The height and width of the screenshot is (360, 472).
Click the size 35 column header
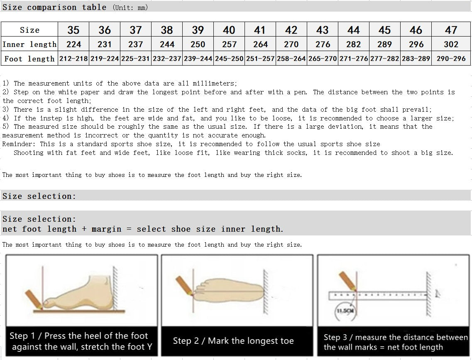pos(73,30)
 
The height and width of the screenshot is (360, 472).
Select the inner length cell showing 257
pos(229,44)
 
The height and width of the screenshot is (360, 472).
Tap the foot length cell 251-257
pos(260,59)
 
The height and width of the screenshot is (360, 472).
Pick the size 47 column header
pos(451,30)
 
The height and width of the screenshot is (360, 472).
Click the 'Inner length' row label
pos(29,44)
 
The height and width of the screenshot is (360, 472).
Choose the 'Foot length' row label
pos(29,59)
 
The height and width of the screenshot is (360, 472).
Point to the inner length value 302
pos(451,44)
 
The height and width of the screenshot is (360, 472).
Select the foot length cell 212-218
pos(73,59)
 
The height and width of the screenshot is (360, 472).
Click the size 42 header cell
pos(291,30)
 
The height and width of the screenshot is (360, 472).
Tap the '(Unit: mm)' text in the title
pos(130,7)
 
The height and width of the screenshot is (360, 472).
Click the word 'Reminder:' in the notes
pos(19,144)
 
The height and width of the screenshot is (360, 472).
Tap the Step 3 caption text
pos(395,342)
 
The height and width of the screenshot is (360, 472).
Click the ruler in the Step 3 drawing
pos(378,295)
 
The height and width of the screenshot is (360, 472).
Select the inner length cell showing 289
pos(385,44)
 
